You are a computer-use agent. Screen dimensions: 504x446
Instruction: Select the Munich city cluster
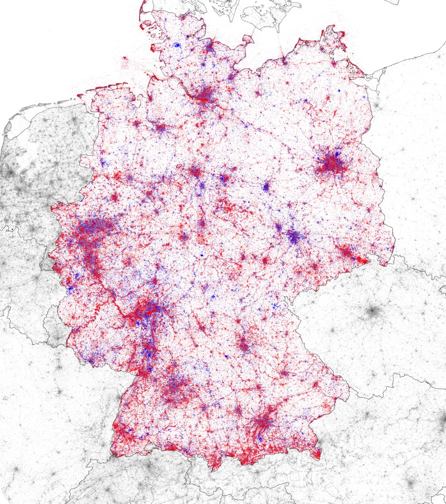[x=263, y=421]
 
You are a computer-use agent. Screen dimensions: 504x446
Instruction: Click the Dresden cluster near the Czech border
[x=346, y=252]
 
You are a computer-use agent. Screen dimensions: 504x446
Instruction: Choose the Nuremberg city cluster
[x=244, y=344]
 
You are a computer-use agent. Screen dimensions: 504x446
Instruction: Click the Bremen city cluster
[x=161, y=128]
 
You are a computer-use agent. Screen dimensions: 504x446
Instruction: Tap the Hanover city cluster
[x=196, y=171]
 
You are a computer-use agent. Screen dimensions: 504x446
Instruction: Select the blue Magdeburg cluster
[x=266, y=188]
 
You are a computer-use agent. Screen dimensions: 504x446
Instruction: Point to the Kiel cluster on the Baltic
[x=209, y=46]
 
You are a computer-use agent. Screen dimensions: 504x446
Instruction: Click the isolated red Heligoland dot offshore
[x=125, y=58]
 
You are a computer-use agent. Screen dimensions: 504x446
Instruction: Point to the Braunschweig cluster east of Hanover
[x=224, y=178]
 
